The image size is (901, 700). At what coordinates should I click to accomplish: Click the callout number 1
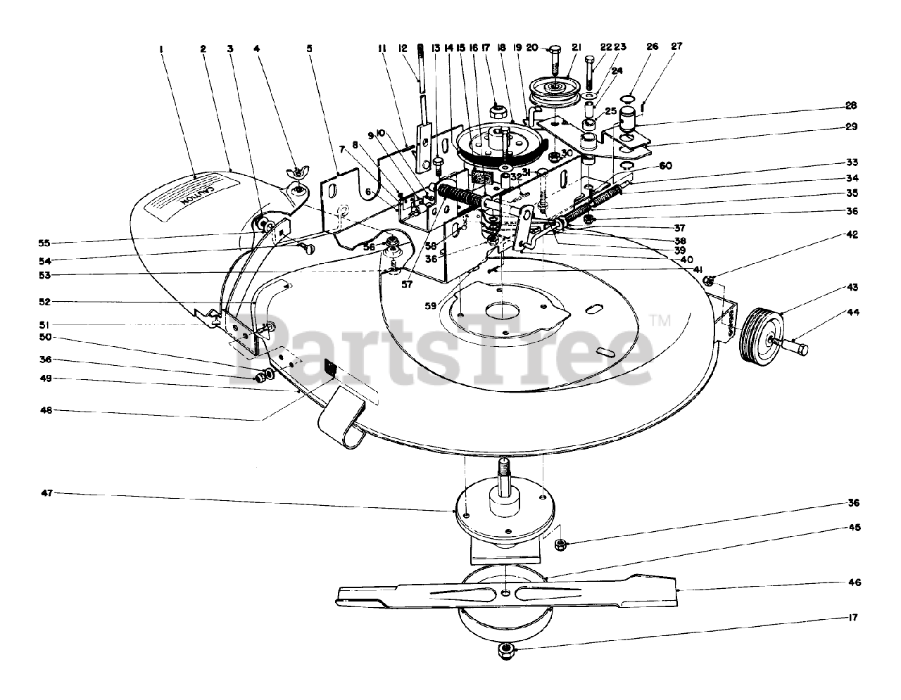pos(161,49)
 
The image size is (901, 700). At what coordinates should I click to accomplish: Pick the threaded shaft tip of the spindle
pos(504,469)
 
